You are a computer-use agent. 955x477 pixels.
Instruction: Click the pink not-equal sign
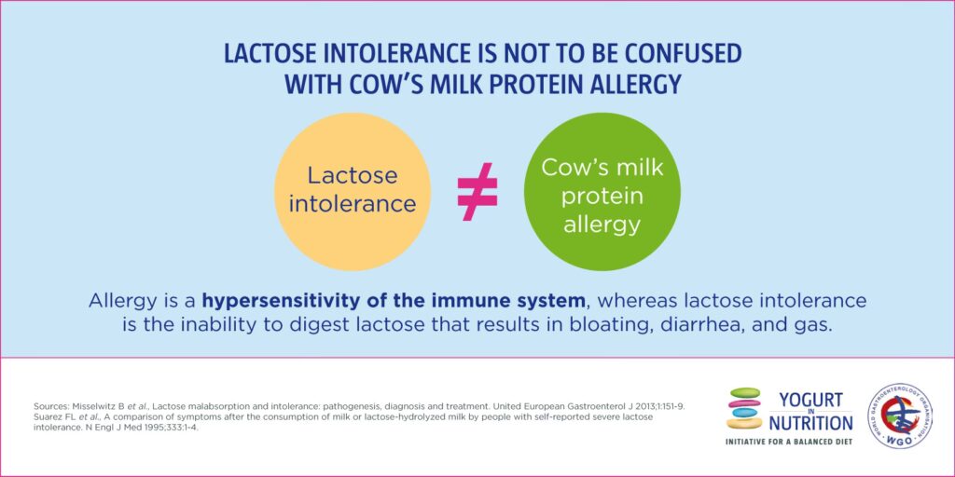click(477, 191)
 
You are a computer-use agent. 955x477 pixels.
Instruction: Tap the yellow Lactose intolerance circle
click(353, 191)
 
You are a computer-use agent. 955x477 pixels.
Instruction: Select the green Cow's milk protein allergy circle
click(602, 191)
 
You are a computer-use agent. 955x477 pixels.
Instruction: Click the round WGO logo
click(900, 416)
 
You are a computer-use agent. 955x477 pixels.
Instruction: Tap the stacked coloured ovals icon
click(744, 408)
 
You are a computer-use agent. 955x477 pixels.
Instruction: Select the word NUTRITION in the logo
click(810, 422)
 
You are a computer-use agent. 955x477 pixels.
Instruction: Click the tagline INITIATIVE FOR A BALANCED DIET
click(789, 441)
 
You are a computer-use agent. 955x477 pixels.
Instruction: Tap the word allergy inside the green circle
click(602, 225)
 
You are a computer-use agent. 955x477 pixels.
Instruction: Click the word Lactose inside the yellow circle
click(352, 176)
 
